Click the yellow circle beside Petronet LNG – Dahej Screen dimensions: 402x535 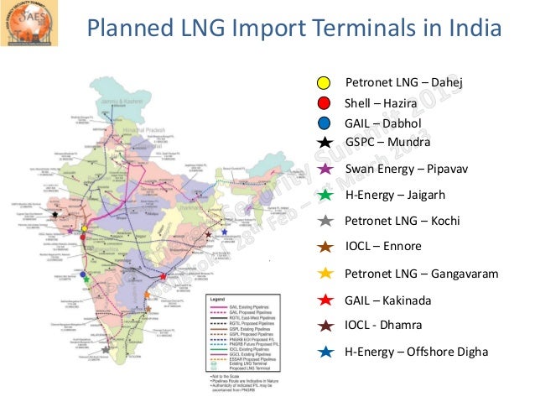pyautogui.click(x=323, y=83)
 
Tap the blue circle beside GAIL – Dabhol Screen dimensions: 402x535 pyautogui.click(x=323, y=123)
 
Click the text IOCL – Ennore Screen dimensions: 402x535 pyautogui.click(x=383, y=247)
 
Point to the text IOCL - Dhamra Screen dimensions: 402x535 pyautogui.click(x=383, y=325)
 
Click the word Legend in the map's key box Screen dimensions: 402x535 pyautogui.click(x=217, y=300)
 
